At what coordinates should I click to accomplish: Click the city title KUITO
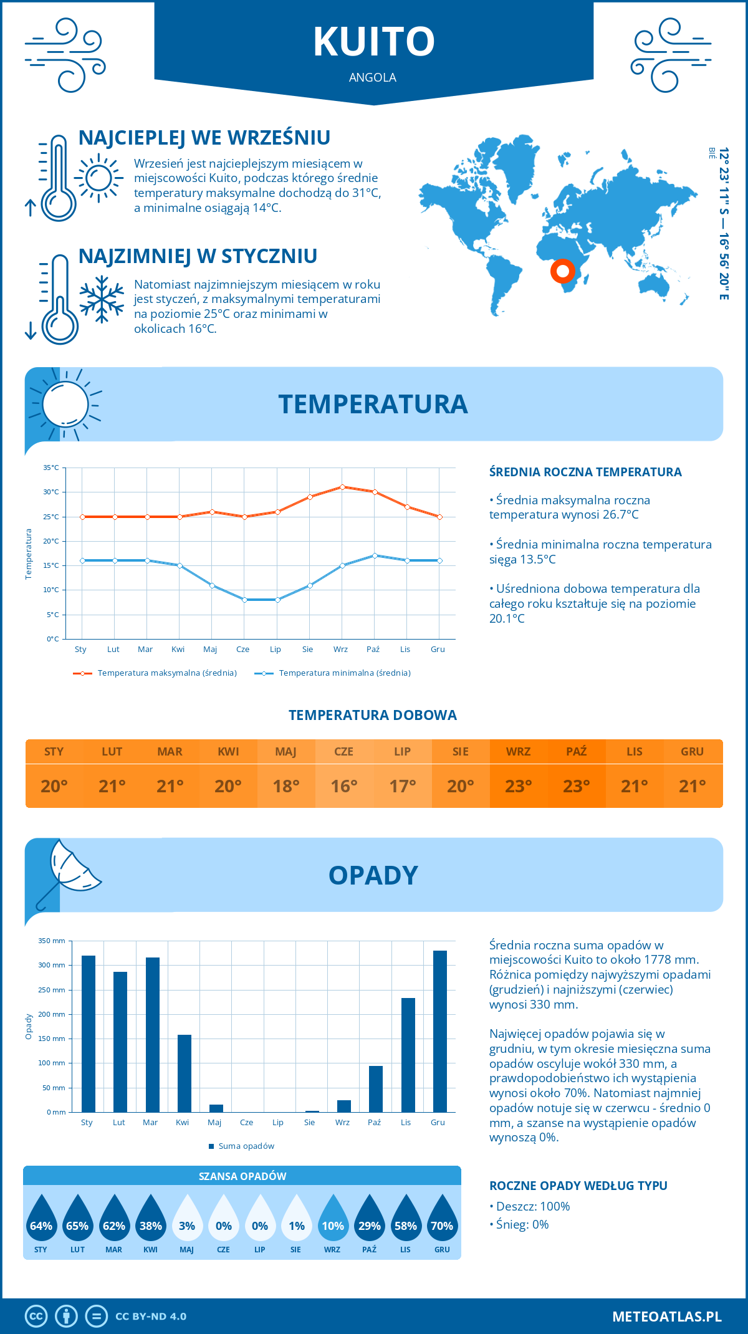click(373, 42)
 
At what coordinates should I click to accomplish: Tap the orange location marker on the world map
click(562, 271)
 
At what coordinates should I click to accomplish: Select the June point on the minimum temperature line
click(244, 600)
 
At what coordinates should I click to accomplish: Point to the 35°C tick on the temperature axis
click(51, 468)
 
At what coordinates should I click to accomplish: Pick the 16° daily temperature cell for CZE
click(344, 786)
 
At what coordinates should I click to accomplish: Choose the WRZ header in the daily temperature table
click(518, 751)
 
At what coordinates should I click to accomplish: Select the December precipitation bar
click(439, 1031)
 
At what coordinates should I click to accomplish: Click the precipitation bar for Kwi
click(185, 1073)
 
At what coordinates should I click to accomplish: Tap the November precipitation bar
click(408, 1055)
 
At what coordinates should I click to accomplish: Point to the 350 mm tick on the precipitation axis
click(52, 941)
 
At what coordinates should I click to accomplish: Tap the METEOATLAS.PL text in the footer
click(666, 1317)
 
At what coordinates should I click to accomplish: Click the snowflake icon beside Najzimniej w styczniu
click(102, 299)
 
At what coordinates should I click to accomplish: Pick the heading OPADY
click(373, 875)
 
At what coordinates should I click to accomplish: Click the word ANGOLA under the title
click(373, 77)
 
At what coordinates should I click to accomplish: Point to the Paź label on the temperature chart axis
click(373, 650)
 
